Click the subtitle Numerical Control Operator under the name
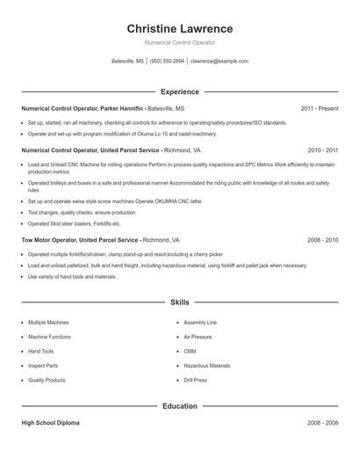click(x=180, y=42)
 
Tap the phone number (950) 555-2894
click(x=167, y=62)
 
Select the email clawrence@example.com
click(x=220, y=62)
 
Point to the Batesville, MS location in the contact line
click(x=128, y=62)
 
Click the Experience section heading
click(x=180, y=91)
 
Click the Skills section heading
click(x=180, y=302)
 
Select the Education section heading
click(x=180, y=406)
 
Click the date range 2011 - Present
click(x=319, y=108)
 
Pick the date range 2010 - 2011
click(x=322, y=150)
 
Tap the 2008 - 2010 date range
click(x=322, y=239)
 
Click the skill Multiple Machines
click(x=48, y=323)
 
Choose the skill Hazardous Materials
click(x=207, y=366)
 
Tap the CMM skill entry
click(x=190, y=351)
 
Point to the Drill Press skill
click(x=196, y=380)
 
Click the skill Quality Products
click(x=47, y=380)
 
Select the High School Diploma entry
click(x=50, y=423)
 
